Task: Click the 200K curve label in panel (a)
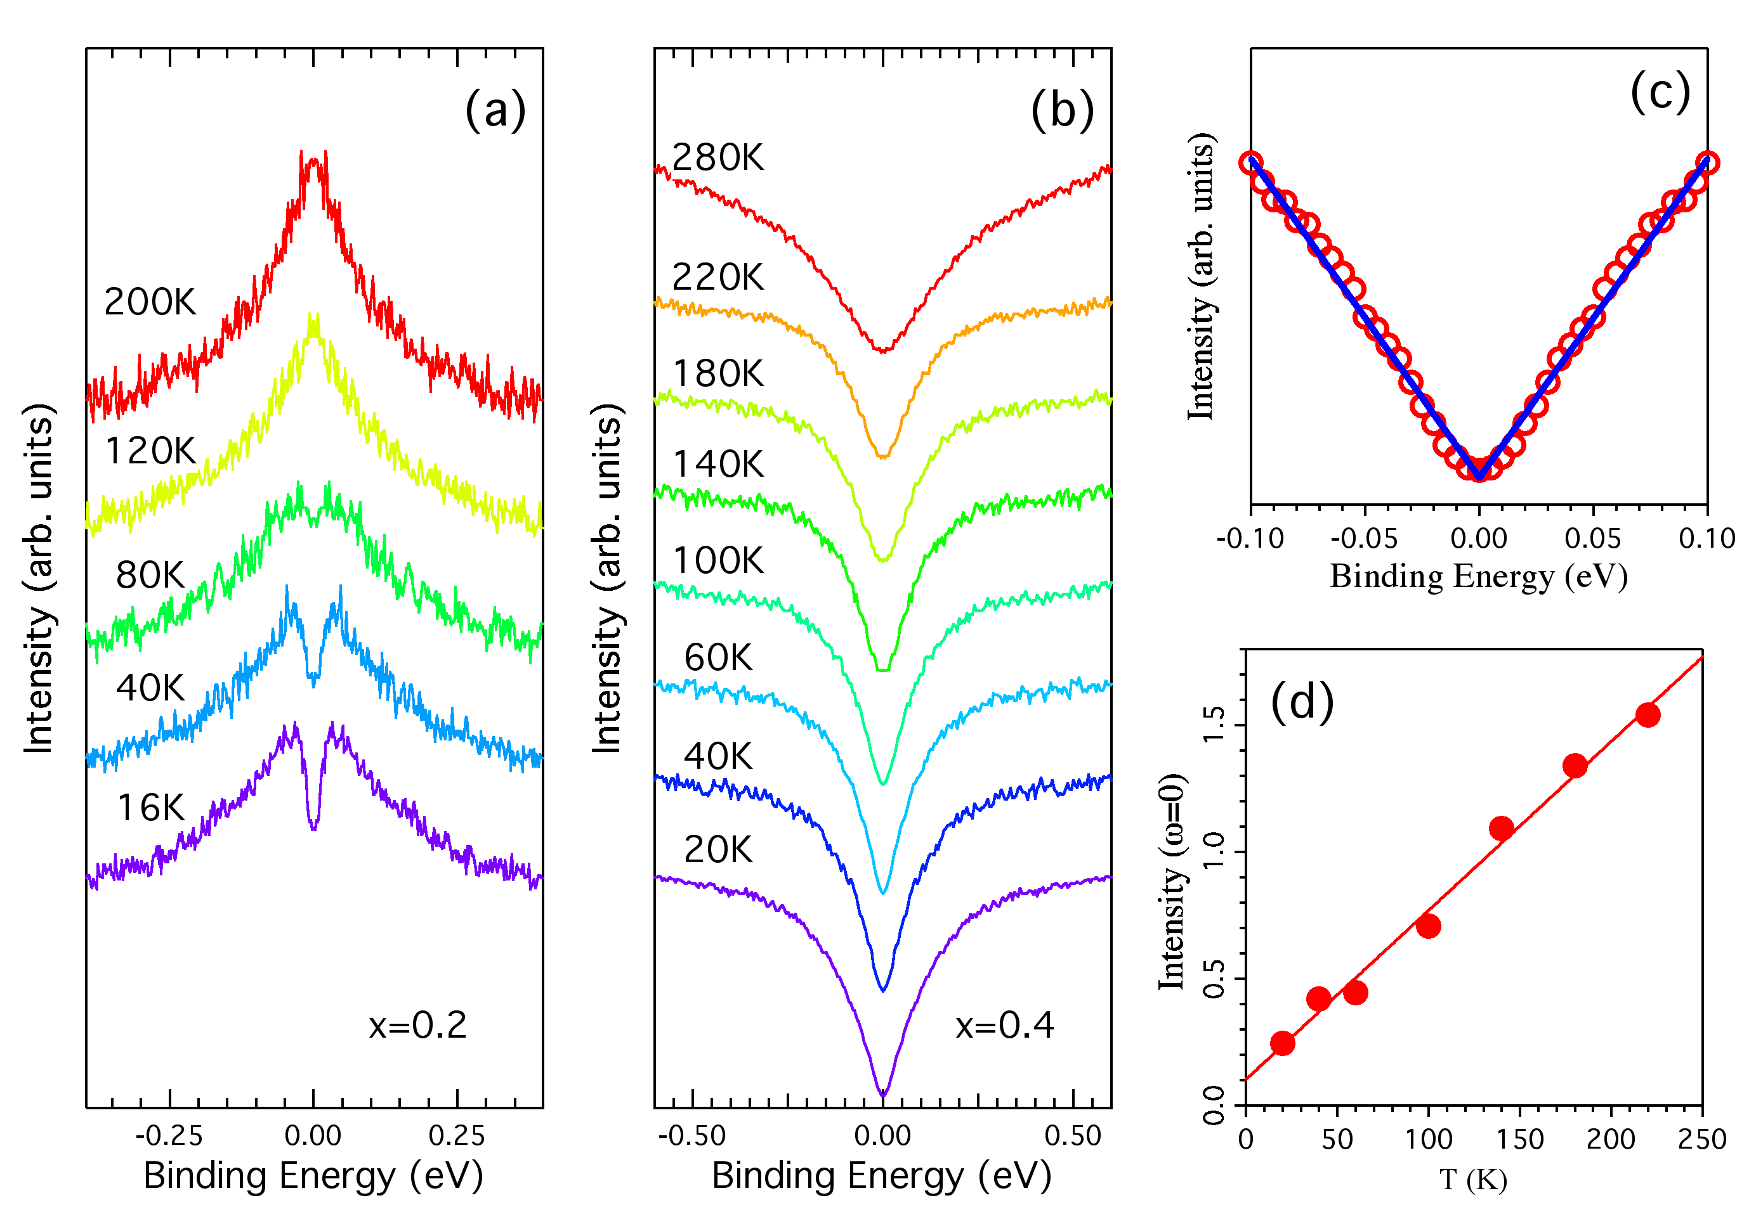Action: click(150, 302)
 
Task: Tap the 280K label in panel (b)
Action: click(718, 158)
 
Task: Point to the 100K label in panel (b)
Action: click(718, 560)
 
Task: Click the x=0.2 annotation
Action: click(417, 1025)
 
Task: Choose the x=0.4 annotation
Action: click(1004, 1025)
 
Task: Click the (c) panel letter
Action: click(1660, 93)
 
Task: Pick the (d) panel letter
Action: click(1302, 701)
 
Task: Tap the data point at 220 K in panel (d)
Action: click(1648, 714)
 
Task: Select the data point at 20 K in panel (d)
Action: click(1283, 1043)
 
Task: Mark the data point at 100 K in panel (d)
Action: click(1429, 925)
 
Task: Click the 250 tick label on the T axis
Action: click(1702, 1139)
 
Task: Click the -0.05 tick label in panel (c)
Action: click(1364, 538)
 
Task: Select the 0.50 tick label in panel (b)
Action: click(1072, 1136)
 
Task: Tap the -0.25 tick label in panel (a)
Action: click(169, 1136)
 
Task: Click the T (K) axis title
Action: click(1472, 1179)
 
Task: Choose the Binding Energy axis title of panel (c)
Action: click(1479, 576)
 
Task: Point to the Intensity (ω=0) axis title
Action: click(1172, 882)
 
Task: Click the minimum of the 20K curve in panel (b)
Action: click(883, 1094)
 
